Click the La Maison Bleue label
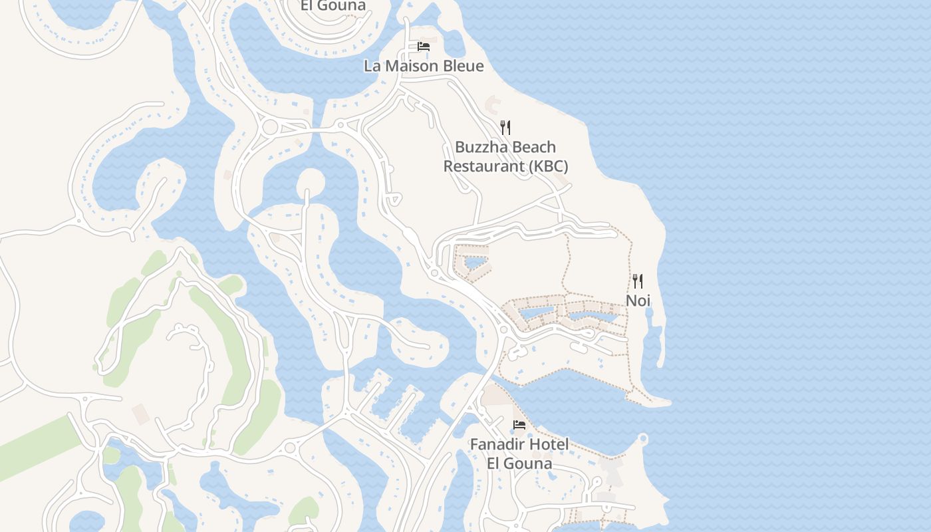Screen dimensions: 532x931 [x=424, y=66]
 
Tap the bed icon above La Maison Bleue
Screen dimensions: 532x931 [x=424, y=47]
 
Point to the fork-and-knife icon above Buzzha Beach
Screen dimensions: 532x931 [x=505, y=128]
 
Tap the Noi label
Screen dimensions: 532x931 [x=638, y=301]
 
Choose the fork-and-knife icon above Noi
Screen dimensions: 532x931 [x=638, y=281]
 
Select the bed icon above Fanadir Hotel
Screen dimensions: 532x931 [x=519, y=425]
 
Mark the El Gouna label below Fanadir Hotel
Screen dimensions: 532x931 [x=519, y=464]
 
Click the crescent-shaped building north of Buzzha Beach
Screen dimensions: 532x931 [x=493, y=104]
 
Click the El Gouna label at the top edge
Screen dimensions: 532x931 [x=333, y=6]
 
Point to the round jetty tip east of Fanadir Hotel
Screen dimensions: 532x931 [x=642, y=439]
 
